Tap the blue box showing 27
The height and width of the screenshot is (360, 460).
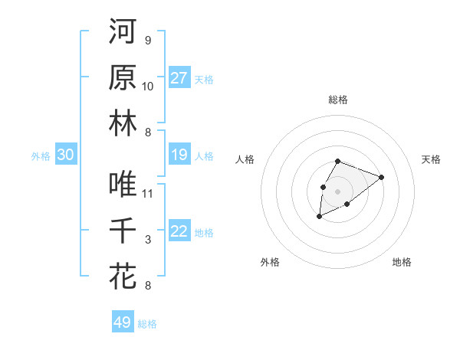pyautogui.click(x=179, y=78)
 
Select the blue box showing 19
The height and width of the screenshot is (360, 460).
pyautogui.click(x=179, y=155)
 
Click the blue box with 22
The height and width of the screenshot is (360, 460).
pyautogui.click(x=179, y=232)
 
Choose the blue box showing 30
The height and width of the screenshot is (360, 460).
pyautogui.click(x=66, y=155)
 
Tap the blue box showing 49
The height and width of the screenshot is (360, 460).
pyautogui.click(x=123, y=322)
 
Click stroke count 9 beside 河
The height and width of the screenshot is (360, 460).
pyautogui.click(x=148, y=40)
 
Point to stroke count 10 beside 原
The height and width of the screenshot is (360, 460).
pyautogui.click(x=148, y=86)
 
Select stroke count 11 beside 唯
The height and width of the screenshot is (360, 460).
pyautogui.click(x=148, y=193)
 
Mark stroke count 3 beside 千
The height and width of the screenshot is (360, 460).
pyautogui.click(x=148, y=240)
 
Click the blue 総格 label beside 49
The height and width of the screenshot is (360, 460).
pyautogui.click(x=147, y=324)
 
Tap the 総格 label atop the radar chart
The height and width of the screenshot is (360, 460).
pyautogui.click(x=338, y=100)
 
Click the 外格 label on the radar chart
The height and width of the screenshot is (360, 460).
pyautogui.click(x=270, y=262)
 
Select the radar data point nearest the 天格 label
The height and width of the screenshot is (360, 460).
pyautogui.click(x=381, y=177)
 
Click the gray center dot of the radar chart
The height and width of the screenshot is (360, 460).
pyautogui.click(x=337, y=190)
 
